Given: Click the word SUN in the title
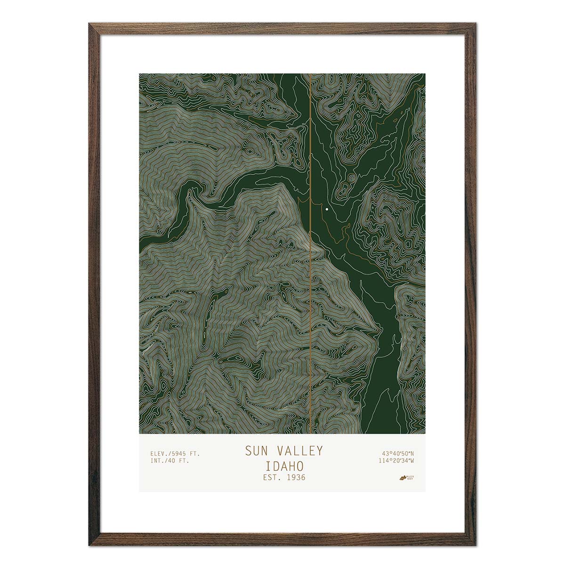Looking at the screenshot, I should pyautogui.click(x=255, y=451).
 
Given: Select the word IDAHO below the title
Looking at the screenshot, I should pyautogui.click(x=283, y=466).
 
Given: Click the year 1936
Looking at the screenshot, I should pyautogui.click(x=296, y=477).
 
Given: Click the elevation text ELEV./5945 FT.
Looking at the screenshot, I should pyautogui.click(x=175, y=453).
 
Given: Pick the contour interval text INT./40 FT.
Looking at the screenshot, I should pyautogui.click(x=169, y=461).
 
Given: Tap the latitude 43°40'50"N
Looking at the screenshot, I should pyautogui.click(x=395, y=453).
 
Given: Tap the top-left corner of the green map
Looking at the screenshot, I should pyautogui.click(x=140, y=74).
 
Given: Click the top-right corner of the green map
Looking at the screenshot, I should pyautogui.click(x=425, y=74).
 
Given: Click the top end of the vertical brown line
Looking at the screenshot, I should pyautogui.click(x=311, y=74).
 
